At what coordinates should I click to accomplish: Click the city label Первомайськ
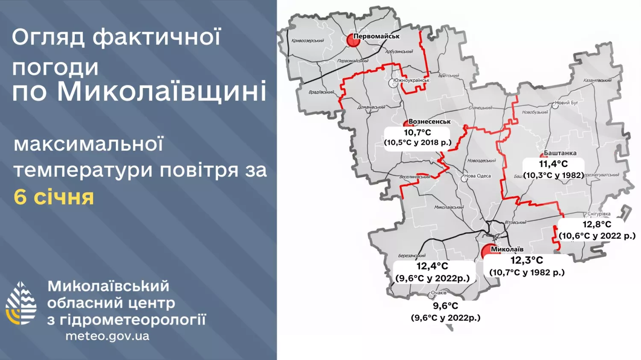click(x=376, y=36)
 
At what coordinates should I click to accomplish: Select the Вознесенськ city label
click(x=429, y=122)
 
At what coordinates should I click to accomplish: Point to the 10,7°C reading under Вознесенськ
click(x=417, y=132)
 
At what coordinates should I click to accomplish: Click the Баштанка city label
click(x=560, y=153)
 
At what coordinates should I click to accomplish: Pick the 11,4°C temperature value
click(x=553, y=164)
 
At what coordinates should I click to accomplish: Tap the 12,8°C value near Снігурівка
click(x=597, y=224)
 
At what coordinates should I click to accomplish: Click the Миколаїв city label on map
click(x=507, y=249)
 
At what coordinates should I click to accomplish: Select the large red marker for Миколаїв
click(x=487, y=252)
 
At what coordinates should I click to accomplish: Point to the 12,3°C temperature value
click(x=526, y=260)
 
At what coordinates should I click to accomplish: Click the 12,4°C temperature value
click(x=432, y=266)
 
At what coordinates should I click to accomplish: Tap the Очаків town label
click(x=438, y=293)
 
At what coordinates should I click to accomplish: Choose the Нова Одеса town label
click(x=477, y=176)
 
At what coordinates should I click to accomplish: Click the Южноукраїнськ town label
click(x=411, y=80)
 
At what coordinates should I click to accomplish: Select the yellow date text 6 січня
click(x=54, y=197)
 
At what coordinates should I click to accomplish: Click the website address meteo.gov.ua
click(x=107, y=336)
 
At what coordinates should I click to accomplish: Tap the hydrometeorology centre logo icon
click(x=21, y=303)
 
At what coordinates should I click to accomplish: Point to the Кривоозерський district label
click(x=307, y=41)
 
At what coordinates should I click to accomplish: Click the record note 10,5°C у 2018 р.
click(x=418, y=143)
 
